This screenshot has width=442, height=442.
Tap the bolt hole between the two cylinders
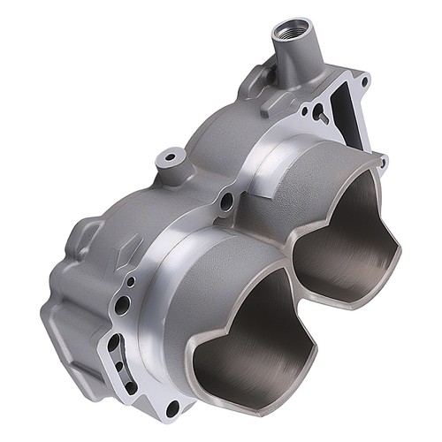click(227, 202)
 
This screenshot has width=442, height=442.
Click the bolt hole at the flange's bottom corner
click(172, 408)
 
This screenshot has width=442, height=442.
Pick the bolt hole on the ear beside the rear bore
click(380, 162)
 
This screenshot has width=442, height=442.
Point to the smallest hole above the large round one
click(131, 282)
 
